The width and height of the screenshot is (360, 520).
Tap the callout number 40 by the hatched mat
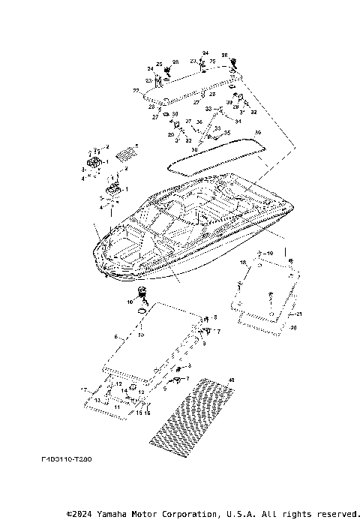tap(231, 381)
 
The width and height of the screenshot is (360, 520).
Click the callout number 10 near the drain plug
tap(129, 301)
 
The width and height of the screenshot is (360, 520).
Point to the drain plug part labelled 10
tap(141, 293)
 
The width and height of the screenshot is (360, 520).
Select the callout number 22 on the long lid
tap(136, 91)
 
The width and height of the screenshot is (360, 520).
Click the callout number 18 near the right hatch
tap(243, 263)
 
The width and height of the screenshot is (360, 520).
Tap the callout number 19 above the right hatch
tap(271, 254)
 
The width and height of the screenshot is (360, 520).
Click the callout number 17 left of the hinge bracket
tap(85, 390)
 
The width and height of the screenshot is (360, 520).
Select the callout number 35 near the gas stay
tap(228, 133)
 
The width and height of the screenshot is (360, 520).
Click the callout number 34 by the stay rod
tap(238, 122)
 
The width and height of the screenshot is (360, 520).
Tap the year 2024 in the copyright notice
tap(79, 514)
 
